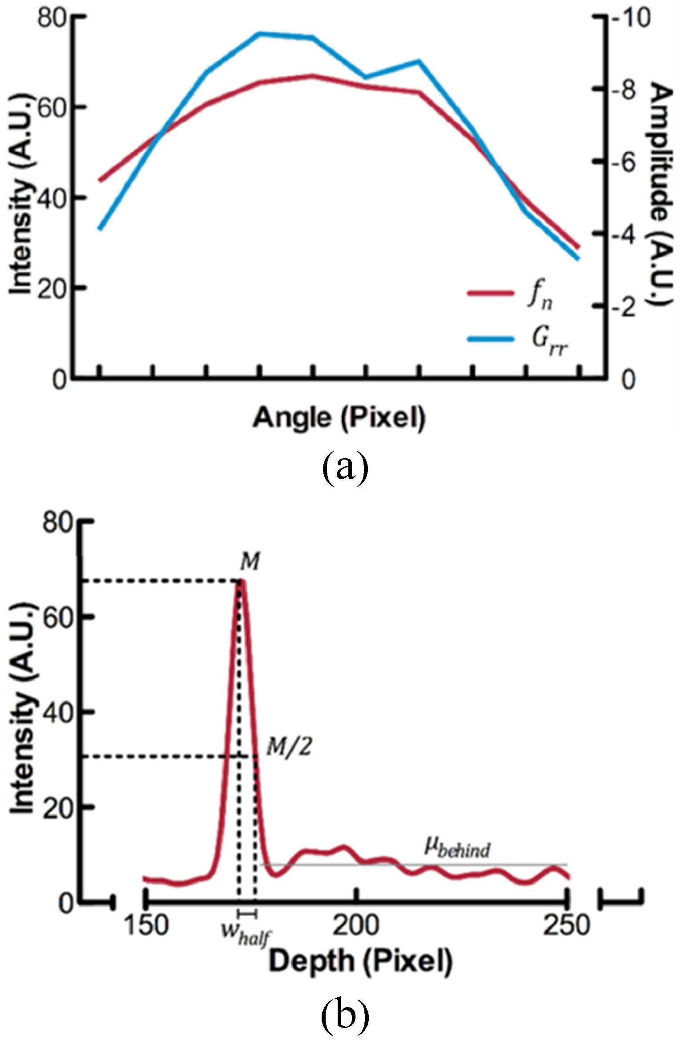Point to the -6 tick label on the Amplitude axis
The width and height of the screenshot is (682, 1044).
tap(626, 163)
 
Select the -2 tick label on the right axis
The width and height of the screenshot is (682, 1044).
tap(626, 307)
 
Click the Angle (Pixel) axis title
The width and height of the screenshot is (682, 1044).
tap(339, 419)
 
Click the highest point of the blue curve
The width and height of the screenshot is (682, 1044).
tap(261, 33)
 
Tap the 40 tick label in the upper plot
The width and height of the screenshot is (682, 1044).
tap(53, 197)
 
